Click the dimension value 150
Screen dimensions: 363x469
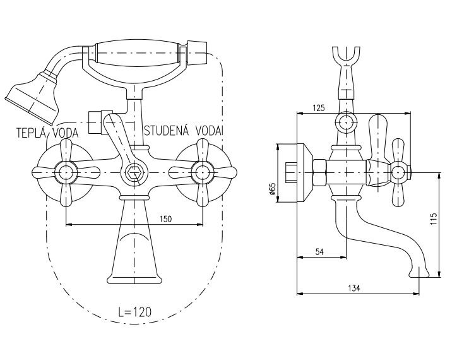coord(166,218)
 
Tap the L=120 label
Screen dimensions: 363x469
coord(134,311)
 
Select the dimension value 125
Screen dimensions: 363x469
coord(319,108)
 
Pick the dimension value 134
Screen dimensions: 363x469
coord(353,289)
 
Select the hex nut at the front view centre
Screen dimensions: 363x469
coord(133,170)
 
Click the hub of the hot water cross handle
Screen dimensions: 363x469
coord(65,170)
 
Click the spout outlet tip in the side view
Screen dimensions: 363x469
coord(421,271)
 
